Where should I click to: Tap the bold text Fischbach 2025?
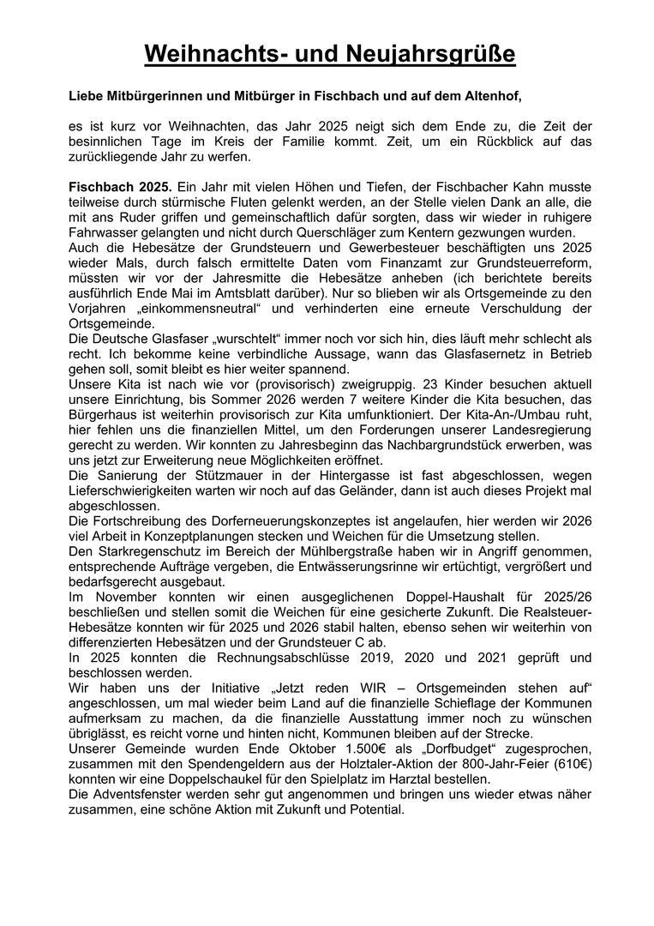pos(120,187)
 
